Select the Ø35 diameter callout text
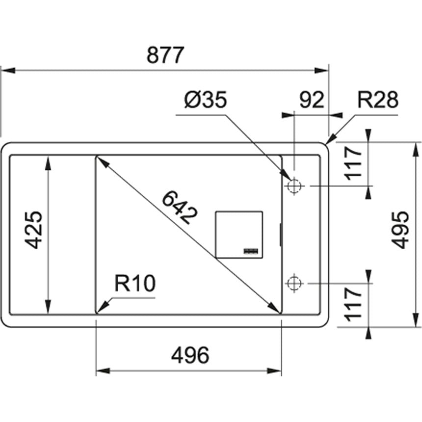coord(206,101)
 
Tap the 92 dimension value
coord(312,100)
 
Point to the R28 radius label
coord(377,100)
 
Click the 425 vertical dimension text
coord(34,230)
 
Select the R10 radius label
coord(134,284)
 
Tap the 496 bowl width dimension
coord(190,355)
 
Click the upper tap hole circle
coord(294,186)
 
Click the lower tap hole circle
coord(294,283)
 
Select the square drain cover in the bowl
coord(239,235)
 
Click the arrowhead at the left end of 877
coord(6,71)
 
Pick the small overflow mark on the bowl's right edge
coord(281,235)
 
